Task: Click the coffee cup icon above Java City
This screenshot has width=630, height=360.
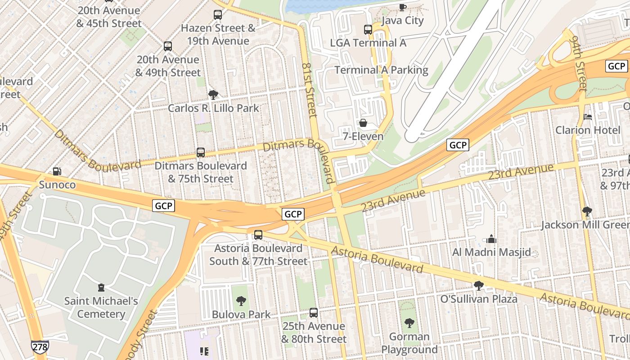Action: (x=403, y=7)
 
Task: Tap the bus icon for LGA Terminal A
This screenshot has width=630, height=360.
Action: (x=368, y=30)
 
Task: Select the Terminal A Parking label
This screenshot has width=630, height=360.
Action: (x=381, y=70)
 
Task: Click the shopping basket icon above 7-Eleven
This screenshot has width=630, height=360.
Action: (x=363, y=123)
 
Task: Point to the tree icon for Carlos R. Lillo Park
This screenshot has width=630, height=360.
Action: (x=213, y=95)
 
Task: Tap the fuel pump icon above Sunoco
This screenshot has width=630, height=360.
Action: (x=57, y=171)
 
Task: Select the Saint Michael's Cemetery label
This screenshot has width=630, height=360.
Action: (x=101, y=307)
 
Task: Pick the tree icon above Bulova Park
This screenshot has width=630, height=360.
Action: (x=241, y=301)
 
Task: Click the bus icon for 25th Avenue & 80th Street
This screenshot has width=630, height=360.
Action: (x=314, y=313)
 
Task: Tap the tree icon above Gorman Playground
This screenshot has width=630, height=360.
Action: (x=409, y=323)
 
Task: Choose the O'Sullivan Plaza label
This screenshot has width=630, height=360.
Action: (x=479, y=299)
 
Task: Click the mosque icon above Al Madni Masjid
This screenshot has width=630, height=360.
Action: (x=491, y=239)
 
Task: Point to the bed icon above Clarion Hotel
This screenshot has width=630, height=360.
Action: (x=588, y=117)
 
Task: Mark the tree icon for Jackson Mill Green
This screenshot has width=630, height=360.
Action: (x=587, y=211)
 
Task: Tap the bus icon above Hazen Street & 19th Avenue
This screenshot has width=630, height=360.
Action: (x=218, y=15)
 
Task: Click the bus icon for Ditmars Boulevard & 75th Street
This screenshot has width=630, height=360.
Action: (x=201, y=153)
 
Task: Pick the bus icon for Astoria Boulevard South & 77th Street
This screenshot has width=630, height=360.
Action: (x=258, y=235)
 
